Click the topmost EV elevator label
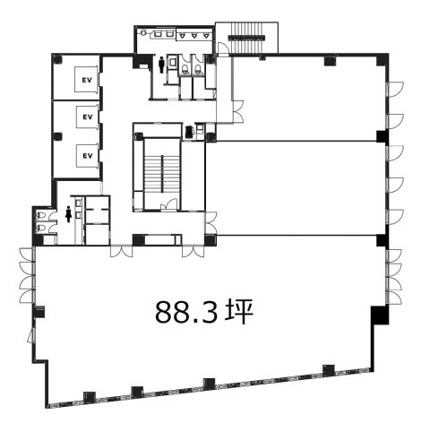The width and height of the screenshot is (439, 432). [87, 80]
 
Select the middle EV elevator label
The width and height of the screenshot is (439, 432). [88, 117]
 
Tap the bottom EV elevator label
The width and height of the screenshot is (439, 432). [88, 156]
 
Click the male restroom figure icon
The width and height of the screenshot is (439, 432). [161, 65]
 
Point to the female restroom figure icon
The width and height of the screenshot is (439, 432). [69, 214]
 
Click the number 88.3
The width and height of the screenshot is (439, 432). [186, 312]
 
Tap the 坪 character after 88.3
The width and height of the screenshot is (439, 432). [239, 312]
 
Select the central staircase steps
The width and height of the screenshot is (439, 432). [162, 174]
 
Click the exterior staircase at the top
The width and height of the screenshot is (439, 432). [246, 38]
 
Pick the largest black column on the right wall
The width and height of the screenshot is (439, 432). [380, 315]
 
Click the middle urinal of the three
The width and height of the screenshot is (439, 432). [194, 36]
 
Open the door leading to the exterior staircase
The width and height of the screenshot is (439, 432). [222, 49]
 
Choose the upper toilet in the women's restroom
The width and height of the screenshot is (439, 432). [40, 215]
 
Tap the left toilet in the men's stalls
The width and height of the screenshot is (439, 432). [185, 69]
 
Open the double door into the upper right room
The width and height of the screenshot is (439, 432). [238, 111]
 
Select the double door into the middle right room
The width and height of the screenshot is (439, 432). [211, 223]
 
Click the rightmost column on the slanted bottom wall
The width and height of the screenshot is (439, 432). [329, 370]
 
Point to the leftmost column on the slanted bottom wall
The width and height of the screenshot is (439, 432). [89, 396]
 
